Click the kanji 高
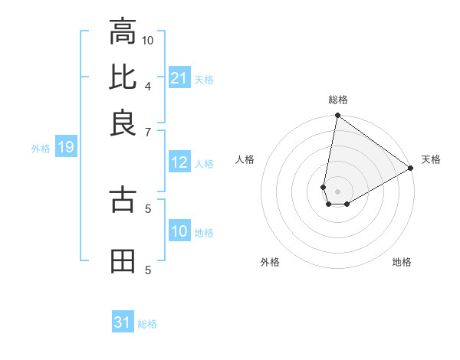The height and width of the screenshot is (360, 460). pyautogui.click(x=123, y=33)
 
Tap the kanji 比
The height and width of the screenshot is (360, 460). pyautogui.click(x=123, y=77)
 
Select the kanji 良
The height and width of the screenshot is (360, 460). pyautogui.click(x=123, y=122)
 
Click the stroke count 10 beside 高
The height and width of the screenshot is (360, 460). pyautogui.click(x=148, y=40)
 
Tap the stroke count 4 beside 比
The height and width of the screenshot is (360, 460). pyautogui.click(x=148, y=84)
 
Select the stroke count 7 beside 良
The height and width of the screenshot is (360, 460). pyautogui.click(x=148, y=133)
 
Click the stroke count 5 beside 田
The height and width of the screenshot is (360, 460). pyautogui.click(x=148, y=269)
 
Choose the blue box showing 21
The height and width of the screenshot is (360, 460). pyautogui.click(x=179, y=78)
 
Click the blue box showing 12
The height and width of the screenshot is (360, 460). pyautogui.click(x=179, y=163)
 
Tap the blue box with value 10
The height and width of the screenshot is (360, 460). pyautogui.click(x=179, y=232)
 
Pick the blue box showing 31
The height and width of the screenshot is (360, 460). pyautogui.click(x=123, y=323)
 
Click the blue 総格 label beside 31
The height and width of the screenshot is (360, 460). pyautogui.click(x=147, y=324)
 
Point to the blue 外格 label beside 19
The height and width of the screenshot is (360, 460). pyautogui.click(x=41, y=149)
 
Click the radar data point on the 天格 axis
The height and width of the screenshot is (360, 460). pyautogui.click(x=411, y=169)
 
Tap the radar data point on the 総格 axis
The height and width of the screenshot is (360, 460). pyautogui.click(x=337, y=116)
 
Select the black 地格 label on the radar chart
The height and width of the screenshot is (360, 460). pyautogui.click(x=402, y=262)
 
